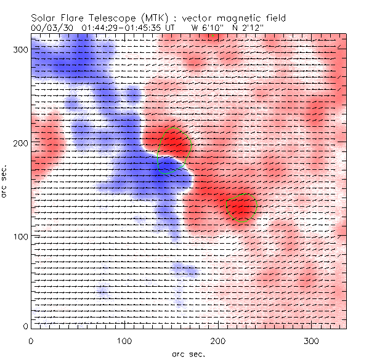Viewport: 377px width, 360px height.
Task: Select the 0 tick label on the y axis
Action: (x=25, y=326)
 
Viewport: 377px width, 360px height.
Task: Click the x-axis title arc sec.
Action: (x=188, y=353)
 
